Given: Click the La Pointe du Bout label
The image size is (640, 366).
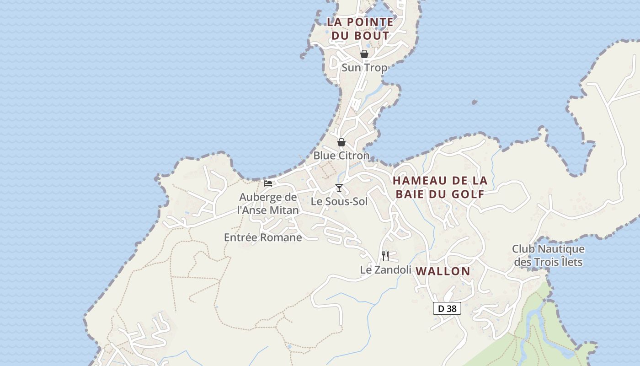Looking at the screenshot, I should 360,28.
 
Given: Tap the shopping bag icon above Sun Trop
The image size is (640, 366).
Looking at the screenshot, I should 364,54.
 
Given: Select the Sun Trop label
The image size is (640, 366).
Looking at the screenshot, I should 364,68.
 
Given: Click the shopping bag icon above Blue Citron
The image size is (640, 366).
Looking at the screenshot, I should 341,142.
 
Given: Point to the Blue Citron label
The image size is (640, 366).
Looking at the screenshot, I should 341,156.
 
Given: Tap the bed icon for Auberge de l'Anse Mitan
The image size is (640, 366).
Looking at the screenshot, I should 268,183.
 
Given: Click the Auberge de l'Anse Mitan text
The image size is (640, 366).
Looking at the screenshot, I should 268,204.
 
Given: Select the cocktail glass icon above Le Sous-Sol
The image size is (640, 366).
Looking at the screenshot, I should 339,188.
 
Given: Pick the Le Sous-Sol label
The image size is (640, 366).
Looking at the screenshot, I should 339,201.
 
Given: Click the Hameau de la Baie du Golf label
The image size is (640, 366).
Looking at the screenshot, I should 440,187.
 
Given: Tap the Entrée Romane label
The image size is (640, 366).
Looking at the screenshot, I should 263,237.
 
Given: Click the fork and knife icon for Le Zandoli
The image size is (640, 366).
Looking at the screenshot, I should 385,256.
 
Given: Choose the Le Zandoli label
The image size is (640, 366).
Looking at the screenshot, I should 385,270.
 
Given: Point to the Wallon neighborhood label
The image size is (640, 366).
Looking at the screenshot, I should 443,271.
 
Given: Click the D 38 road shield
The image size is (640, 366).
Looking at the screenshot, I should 447,309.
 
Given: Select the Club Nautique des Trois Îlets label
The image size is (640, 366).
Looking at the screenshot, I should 548,256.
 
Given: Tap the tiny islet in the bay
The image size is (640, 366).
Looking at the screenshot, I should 475,102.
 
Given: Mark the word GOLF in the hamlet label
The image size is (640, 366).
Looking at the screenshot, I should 468,194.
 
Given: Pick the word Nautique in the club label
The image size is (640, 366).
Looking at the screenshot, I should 561,249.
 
